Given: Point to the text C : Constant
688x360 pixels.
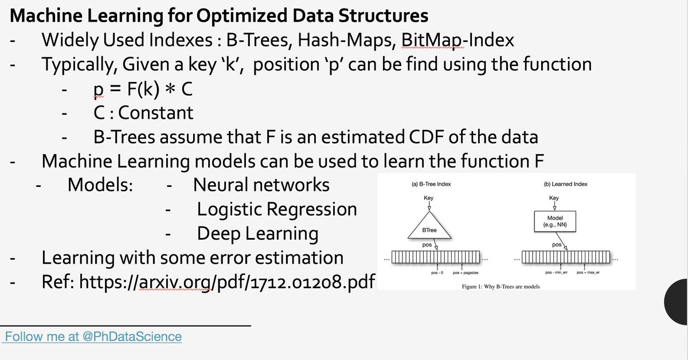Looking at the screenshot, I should (x=143, y=113).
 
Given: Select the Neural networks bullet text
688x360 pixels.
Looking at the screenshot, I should (x=261, y=185).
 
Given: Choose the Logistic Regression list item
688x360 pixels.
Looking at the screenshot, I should (x=277, y=209).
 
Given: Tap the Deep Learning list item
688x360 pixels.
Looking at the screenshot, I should (x=257, y=233).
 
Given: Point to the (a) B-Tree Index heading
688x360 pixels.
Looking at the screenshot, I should (x=429, y=184).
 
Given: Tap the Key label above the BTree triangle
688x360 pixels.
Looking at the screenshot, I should (x=428, y=198).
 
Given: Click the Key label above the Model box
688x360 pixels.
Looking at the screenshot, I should (x=554, y=198).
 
